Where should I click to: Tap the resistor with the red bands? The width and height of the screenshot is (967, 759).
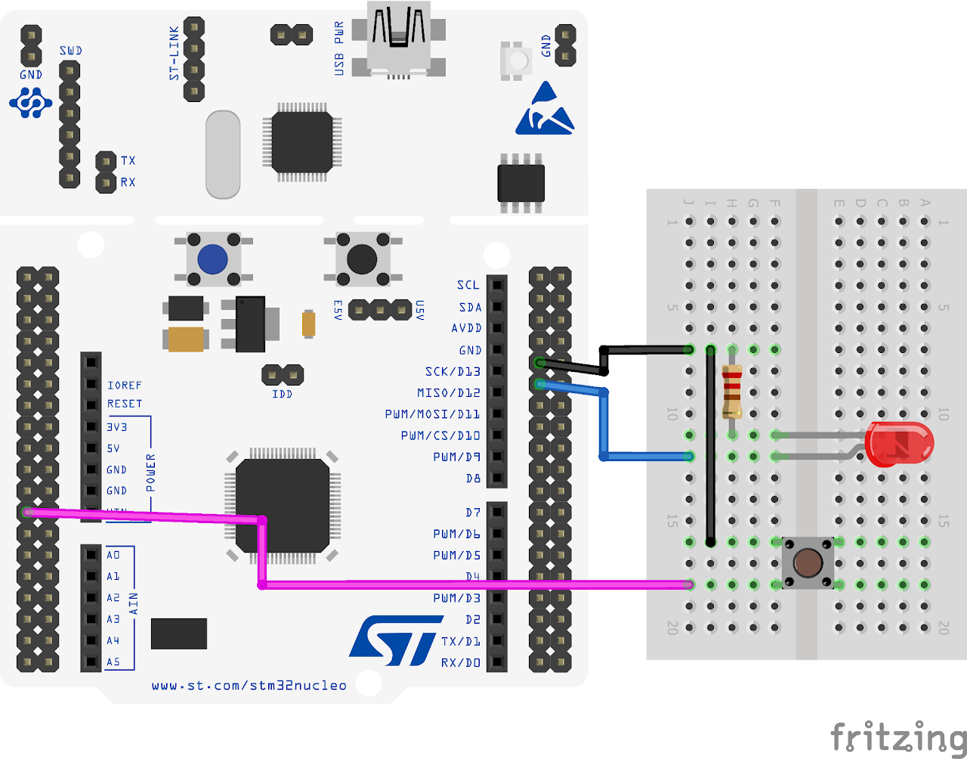coord(731,392)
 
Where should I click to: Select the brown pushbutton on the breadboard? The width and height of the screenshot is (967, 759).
coord(808,563)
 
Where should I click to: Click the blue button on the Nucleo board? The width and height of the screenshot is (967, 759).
coord(213,259)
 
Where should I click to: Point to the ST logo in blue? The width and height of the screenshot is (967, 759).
coord(395,640)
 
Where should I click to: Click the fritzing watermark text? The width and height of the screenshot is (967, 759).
coord(898,736)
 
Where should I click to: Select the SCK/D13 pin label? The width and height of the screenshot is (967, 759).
coord(453,371)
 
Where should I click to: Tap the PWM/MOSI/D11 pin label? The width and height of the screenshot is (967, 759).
coord(432,414)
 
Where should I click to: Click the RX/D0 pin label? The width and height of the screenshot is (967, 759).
coord(461,662)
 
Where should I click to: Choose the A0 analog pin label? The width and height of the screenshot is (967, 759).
coord(113,555)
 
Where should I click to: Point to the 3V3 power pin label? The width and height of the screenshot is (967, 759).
coord(117,427)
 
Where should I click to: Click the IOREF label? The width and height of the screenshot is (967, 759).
coord(125,386)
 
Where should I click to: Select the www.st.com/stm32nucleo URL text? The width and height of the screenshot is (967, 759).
coord(249,686)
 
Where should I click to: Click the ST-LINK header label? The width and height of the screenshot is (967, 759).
coord(175,53)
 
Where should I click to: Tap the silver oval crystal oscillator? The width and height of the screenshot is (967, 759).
coord(223,155)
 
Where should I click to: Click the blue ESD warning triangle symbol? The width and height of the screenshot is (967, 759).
coord(545,110)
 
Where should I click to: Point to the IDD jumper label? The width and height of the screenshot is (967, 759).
coord(282,394)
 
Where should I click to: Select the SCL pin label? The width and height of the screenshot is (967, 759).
coord(468,285)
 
